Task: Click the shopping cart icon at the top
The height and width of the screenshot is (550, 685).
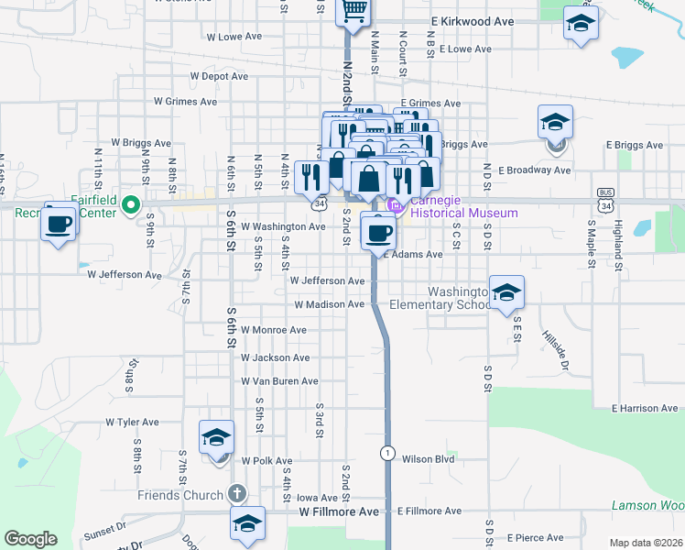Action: pos(353,10)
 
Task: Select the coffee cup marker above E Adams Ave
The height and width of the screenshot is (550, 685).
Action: pos(377,231)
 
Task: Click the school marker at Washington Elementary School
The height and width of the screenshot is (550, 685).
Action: pos(506,293)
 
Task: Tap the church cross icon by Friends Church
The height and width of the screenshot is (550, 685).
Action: pos(237,494)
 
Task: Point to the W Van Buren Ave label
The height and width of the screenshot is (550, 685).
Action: pos(279,380)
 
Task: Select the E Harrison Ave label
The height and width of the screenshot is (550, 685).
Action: pos(647,407)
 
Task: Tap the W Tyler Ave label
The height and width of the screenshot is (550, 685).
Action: pos(133,423)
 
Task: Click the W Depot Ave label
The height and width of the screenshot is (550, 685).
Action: pos(219,77)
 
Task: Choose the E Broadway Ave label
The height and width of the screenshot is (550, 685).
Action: pos(535,170)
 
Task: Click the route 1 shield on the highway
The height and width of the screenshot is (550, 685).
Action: pos(388,453)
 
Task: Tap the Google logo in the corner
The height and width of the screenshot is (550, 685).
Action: pos(30,539)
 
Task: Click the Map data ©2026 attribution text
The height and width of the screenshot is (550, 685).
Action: pos(645,543)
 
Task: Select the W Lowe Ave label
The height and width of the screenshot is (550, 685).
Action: pos(234,38)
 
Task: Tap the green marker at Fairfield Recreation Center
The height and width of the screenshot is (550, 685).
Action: pos(130,204)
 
